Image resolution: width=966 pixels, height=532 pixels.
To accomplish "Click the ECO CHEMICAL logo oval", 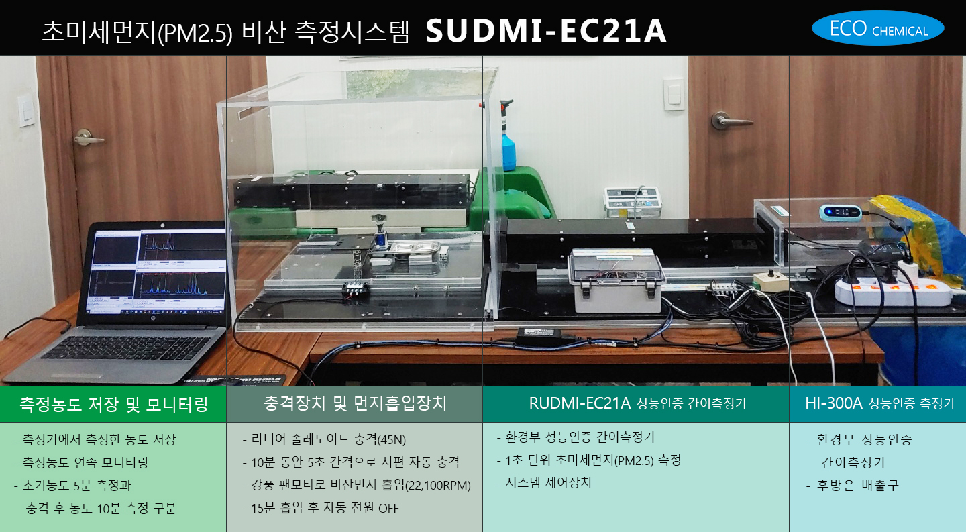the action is pos(877,28).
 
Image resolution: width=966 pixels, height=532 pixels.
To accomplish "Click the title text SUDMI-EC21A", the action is pos(546,31).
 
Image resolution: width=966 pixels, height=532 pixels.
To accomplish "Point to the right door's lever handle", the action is pos(731,121).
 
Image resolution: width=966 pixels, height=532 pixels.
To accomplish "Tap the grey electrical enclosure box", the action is pos(616,280).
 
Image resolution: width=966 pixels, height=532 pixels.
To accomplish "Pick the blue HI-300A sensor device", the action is pos(840,213).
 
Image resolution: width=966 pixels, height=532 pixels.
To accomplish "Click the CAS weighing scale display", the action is pos(633,202).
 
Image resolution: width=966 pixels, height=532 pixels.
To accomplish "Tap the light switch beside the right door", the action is pos(674,95).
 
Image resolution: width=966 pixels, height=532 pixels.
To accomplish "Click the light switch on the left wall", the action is pos(27,111).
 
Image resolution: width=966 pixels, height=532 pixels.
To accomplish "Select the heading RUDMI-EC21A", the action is pos(580,403).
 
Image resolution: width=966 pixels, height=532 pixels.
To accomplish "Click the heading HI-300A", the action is pos(833,403).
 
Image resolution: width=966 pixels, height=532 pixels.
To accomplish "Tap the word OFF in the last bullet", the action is pos(388,509).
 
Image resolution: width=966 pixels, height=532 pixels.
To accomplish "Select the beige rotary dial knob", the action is pos(769,278).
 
